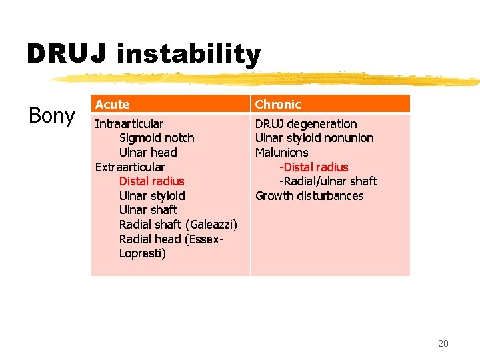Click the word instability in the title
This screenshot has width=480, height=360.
tap(188, 55)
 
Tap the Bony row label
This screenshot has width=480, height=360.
tap(51, 116)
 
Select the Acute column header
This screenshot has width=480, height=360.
tap(112, 105)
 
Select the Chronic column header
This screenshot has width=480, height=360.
tap(278, 105)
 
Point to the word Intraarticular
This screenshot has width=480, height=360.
tap(129, 124)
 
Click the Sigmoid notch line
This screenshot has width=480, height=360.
tap(157, 138)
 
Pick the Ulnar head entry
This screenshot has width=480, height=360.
tap(148, 153)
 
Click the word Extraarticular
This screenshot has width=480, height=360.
tap(130, 167)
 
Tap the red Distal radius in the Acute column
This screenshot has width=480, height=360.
tap(151, 181)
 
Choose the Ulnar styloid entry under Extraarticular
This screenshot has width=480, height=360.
tap(152, 196)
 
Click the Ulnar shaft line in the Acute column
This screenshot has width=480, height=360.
tap(148, 210)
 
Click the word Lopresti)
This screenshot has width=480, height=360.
tap(143, 253)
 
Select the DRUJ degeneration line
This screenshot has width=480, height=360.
tap(306, 124)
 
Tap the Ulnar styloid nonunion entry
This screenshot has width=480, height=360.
tap(314, 138)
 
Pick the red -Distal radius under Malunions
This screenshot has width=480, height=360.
tap(313, 167)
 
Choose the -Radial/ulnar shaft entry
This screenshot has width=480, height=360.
tap(328, 181)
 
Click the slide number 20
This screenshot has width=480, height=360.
tap(443, 343)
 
